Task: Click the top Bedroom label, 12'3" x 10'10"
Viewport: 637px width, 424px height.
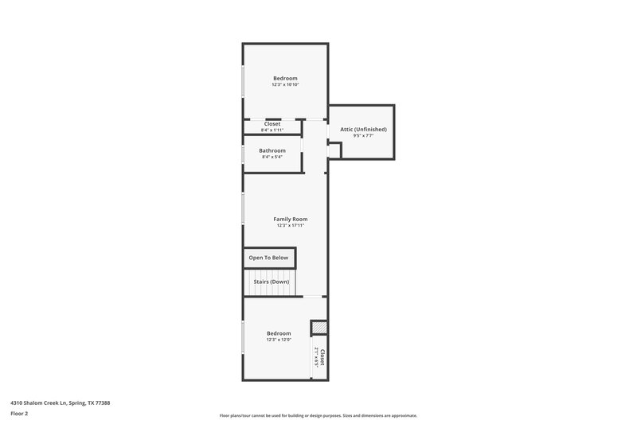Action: click(285, 78)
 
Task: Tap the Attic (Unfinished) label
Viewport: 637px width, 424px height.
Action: click(363, 129)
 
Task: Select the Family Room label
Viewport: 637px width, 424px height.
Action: click(291, 219)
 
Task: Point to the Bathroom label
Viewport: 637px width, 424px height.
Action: click(272, 150)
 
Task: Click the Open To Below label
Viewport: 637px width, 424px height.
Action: click(268, 258)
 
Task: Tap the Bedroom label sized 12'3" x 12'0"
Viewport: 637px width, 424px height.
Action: click(279, 333)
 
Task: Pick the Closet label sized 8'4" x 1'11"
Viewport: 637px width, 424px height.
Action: click(272, 124)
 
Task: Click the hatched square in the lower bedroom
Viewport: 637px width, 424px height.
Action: click(318, 328)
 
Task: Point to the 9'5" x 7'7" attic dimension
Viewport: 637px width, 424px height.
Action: click(363, 136)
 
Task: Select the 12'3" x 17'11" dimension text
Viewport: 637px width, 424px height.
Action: click(291, 225)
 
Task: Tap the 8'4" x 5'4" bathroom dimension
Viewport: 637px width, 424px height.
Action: click(272, 157)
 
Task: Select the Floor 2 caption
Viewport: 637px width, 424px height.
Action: click(19, 414)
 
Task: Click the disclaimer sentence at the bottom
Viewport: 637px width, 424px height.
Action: click(318, 415)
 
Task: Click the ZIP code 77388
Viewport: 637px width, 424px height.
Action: click(102, 403)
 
